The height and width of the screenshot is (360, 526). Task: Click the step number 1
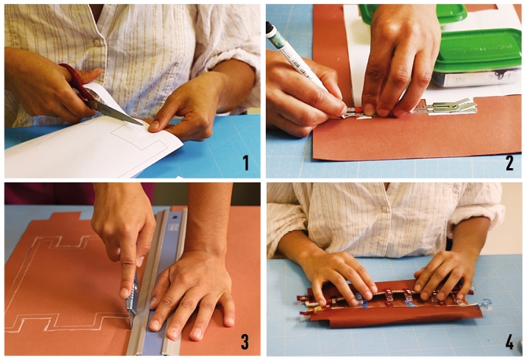click(x=245, y=163)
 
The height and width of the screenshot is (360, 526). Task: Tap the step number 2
click(x=509, y=163)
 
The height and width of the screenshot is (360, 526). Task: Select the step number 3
click(x=245, y=341)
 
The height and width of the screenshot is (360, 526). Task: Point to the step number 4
click(x=509, y=342)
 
